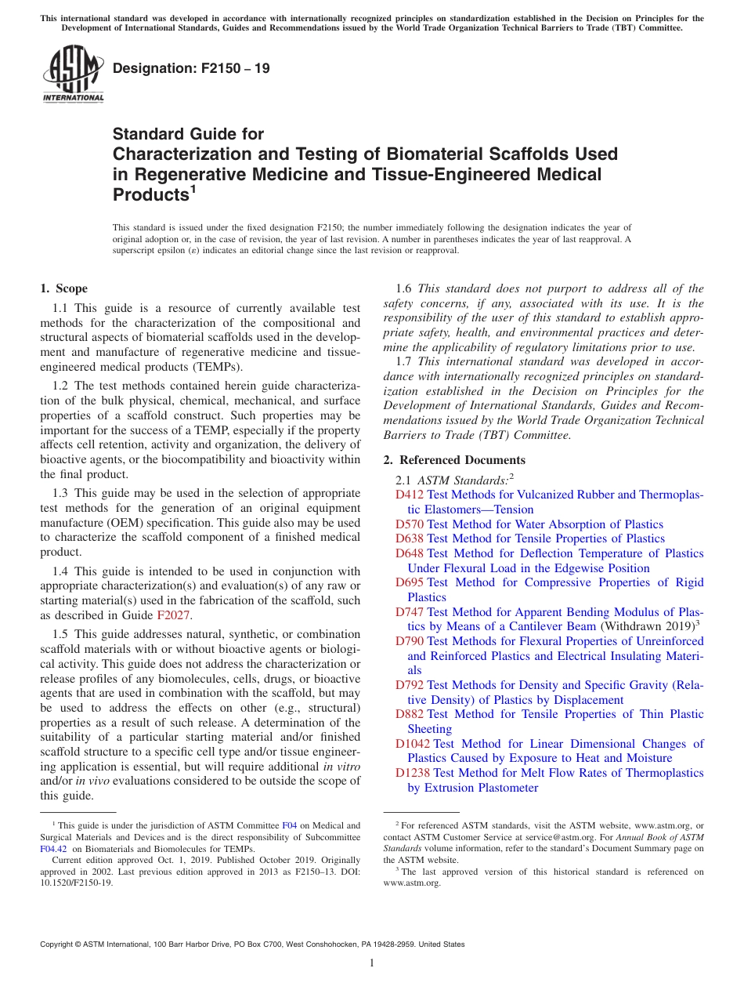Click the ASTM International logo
coord(73,74)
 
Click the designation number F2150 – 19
coord(191,68)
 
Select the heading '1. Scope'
coord(63,288)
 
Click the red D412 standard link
coord(410,495)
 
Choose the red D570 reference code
coord(410,524)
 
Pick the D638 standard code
coord(410,538)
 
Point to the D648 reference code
coord(410,553)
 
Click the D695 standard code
coord(410,582)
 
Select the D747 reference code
coord(410,612)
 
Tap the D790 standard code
coord(410,641)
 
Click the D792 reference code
coord(410,685)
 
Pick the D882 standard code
coord(410,714)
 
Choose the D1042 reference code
coord(413,744)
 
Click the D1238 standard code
coord(413,773)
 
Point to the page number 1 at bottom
coord(372,963)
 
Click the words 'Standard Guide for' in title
coord(189,134)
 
